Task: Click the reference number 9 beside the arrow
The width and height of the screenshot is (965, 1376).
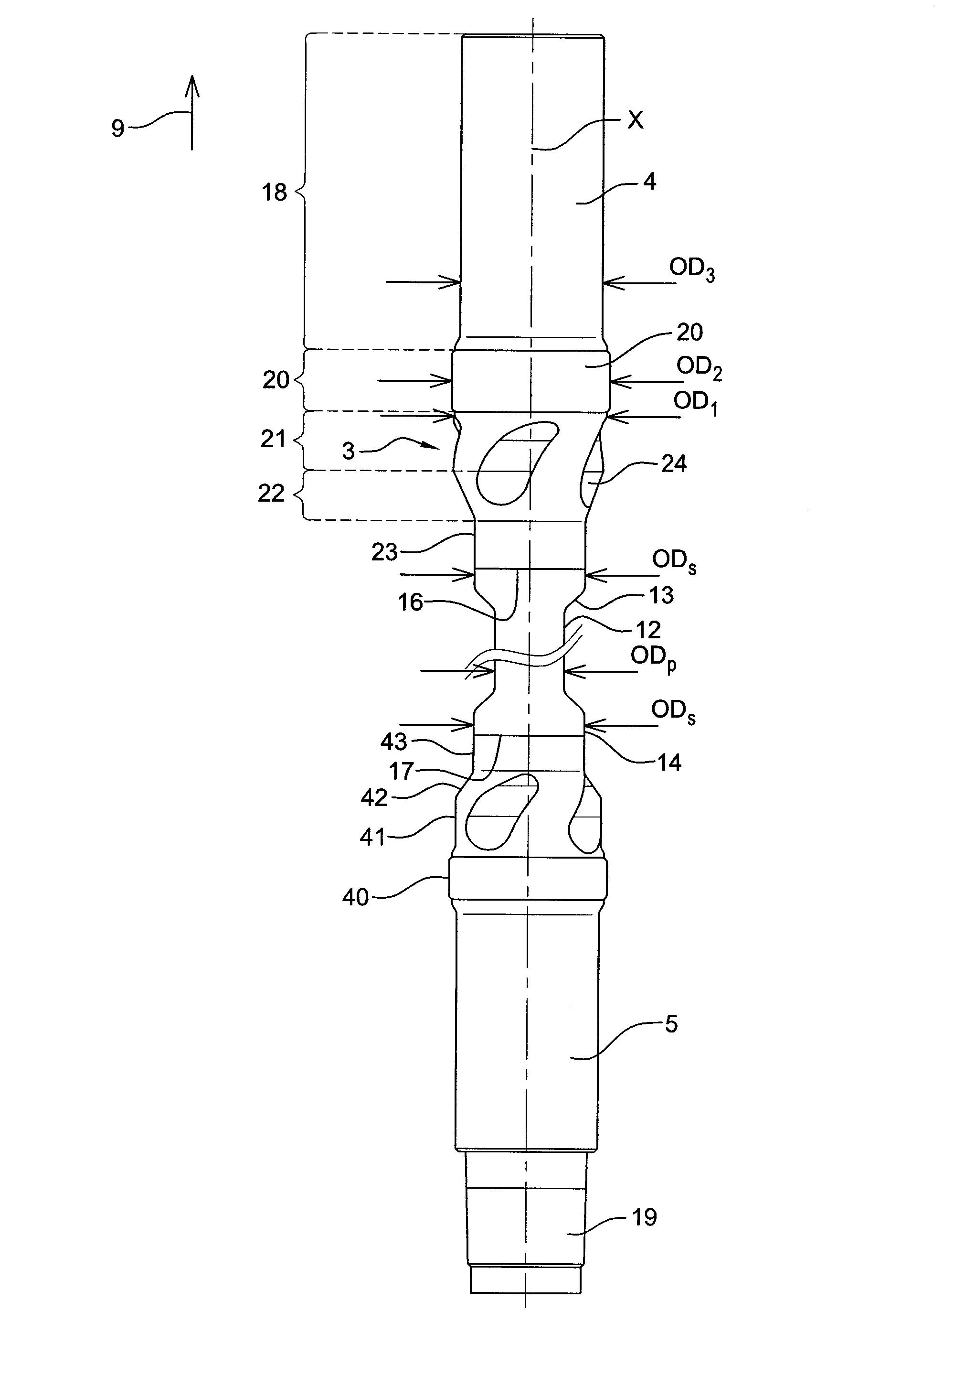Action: (x=118, y=128)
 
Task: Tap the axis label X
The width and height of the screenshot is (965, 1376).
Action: (x=635, y=120)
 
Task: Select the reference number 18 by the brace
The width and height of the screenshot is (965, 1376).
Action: (x=275, y=193)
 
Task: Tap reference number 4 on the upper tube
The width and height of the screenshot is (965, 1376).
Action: (x=649, y=182)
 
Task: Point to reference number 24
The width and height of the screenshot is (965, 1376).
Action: (x=673, y=463)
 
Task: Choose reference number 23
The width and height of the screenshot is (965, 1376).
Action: (x=384, y=552)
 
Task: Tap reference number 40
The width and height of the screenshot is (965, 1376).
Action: (x=355, y=897)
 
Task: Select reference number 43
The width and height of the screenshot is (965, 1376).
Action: (x=393, y=742)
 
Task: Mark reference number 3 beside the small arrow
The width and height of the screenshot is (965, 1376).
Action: (x=349, y=451)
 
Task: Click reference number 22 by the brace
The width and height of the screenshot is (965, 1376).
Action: (x=271, y=493)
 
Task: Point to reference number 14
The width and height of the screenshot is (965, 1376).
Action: (x=669, y=763)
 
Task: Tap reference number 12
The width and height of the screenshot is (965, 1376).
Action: (x=647, y=629)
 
